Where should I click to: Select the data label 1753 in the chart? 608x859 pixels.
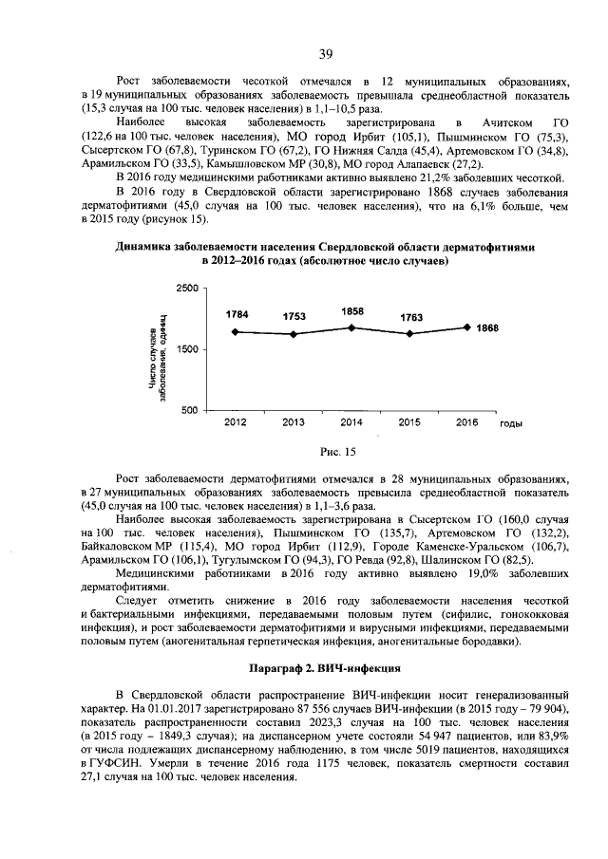tap(294, 317)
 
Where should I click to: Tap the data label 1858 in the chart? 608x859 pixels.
tap(352, 310)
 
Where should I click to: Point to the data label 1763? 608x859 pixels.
tap(410, 317)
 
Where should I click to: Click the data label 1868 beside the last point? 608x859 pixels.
tap(487, 327)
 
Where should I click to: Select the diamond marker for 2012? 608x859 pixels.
tap(236, 332)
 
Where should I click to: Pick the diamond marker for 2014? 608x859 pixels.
tap(352, 327)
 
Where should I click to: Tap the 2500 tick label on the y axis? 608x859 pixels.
tap(187, 287)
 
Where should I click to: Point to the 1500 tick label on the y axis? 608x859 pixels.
tap(187, 349)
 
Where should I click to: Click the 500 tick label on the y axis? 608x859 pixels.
tap(191, 411)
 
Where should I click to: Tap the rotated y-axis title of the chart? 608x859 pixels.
tap(157, 349)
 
